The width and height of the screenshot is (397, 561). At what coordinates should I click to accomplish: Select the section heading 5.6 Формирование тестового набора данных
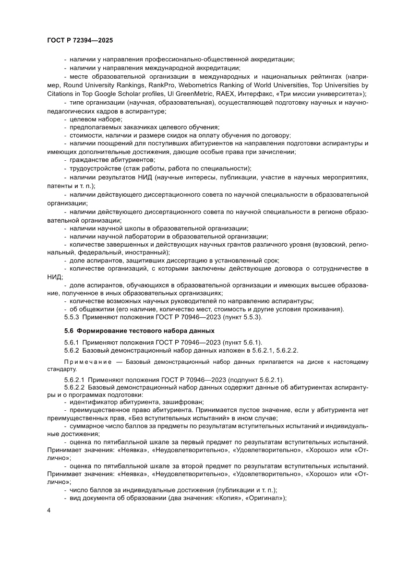(139, 331)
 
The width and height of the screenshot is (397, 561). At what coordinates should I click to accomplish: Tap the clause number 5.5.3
(72, 317)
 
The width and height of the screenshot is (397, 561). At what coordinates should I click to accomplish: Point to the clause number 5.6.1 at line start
(72, 342)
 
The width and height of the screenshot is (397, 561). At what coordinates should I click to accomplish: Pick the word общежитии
(95, 309)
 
